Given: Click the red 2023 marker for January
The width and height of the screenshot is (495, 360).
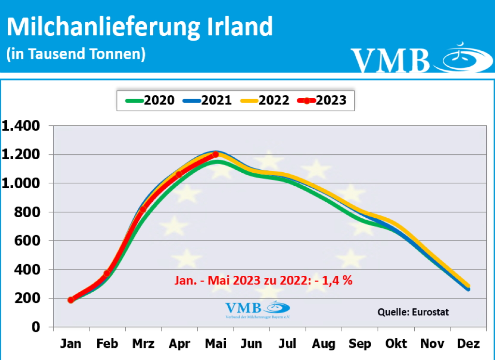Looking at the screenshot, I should click(71, 300).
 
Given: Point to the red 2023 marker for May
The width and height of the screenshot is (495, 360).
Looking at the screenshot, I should click(216, 154).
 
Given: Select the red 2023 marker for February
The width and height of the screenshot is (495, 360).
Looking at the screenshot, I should click(107, 273).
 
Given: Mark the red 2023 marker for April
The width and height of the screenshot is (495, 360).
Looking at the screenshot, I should click(179, 174).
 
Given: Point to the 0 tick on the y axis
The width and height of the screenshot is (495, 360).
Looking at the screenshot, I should click(36, 327).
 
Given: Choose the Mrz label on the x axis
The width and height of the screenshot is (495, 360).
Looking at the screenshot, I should click(143, 344).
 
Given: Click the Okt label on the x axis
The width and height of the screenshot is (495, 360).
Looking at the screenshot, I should click(396, 344).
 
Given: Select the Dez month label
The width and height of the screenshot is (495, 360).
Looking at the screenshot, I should click(468, 344).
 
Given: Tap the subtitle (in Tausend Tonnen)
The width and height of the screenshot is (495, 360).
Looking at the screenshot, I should click(76, 54).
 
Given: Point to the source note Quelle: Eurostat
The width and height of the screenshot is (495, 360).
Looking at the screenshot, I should click(413, 312).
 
